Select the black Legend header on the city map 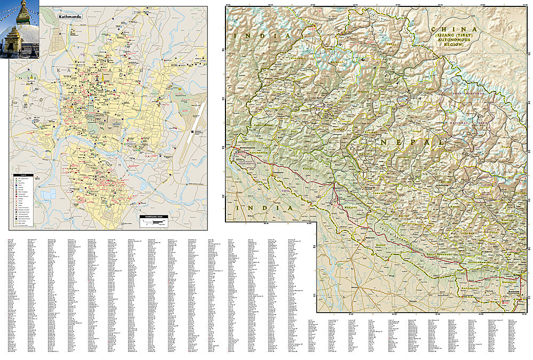22,175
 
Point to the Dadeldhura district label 265,125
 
